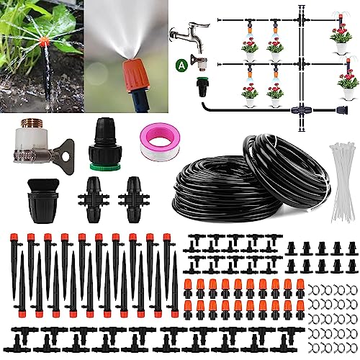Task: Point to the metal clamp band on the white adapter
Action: pyautogui.click(x=27, y=152)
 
